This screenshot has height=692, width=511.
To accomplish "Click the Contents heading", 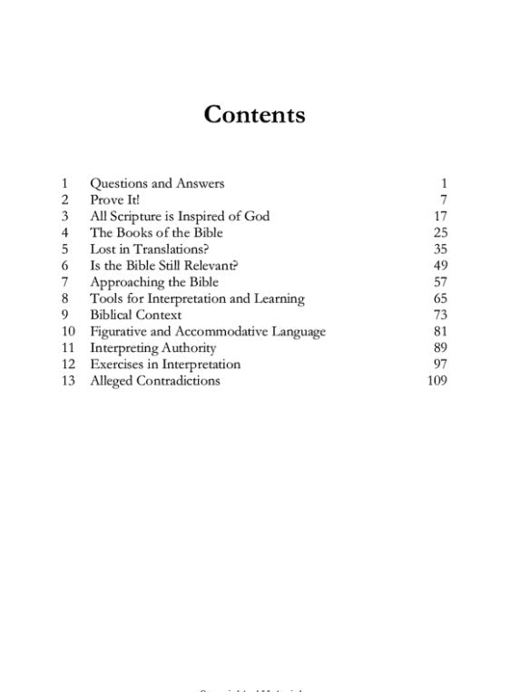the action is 254,115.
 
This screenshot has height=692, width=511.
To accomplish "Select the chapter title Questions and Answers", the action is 156,183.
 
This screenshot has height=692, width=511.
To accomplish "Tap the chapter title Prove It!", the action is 115,200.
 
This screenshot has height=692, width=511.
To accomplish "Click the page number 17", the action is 441,216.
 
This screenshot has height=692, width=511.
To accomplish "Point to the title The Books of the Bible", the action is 156,233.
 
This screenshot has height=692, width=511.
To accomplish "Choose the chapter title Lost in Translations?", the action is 149,249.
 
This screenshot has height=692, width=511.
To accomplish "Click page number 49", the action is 441,266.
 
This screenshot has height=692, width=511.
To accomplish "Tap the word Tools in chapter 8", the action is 106,298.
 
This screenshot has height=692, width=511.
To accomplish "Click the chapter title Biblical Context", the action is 136,315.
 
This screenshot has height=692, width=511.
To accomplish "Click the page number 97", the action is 441,365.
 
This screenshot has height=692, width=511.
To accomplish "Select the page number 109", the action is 437,381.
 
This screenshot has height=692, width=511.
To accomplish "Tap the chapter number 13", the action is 68,381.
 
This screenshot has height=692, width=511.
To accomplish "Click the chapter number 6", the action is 65,266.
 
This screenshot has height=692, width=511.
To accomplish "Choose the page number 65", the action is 441,298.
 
